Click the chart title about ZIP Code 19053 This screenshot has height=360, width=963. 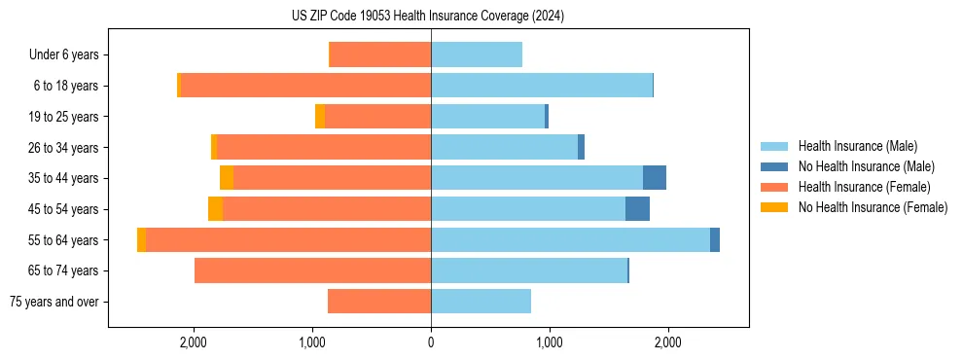pyautogui.click(x=428, y=16)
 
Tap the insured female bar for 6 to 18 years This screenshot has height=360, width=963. pyautogui.click(x=305, y=86)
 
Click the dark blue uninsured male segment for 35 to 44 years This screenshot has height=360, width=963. pyautogui.click(x=655, y=178)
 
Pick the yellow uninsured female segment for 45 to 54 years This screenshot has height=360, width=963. pyautogui.click(x=215, y=209)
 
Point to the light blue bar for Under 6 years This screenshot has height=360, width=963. pyautogui.click(x=477, y=54)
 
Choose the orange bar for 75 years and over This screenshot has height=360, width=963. pyautogui.click(x=379, y=302)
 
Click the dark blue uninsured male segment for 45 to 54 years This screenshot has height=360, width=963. pyautogui.click(x=637, y=209)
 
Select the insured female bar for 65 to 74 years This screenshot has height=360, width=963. pyautogui.click(x=312, y=270)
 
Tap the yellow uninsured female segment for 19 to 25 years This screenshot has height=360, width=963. pyautogui.click(x=320, y=117)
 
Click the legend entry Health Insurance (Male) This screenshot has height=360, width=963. pyautogui.click(x=857, y=146)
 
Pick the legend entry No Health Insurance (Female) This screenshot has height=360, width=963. pyautogui.click(x=873, y=207)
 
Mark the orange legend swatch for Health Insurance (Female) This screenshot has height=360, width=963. pyautogui.click(x=775, y=187)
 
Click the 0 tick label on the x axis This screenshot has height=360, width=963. pyautogui.click(x=431, y=342)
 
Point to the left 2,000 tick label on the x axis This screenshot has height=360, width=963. pyautogui.click(x=194, y=342)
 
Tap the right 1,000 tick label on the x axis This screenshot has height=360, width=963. pyautogui.click(x=549, y=342)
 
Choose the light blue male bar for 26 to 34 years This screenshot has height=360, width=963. pyautogui.click(x=504, y=147)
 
